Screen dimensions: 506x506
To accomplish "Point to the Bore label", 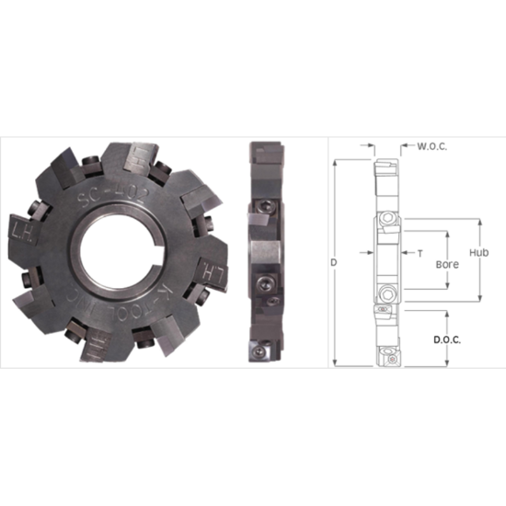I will coord(447,263).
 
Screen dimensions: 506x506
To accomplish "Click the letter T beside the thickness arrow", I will coord(420,251).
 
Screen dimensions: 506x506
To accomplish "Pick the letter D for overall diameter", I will coord(333,262).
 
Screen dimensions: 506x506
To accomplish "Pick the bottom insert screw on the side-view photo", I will coord(259,351).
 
